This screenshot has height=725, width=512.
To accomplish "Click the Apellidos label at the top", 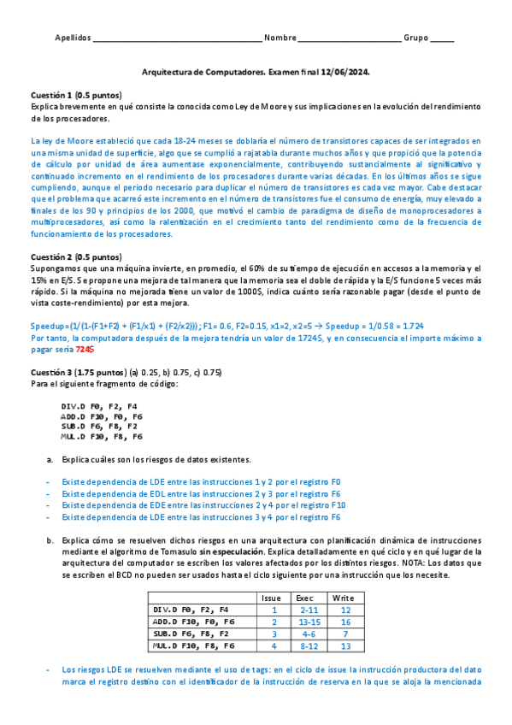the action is coord(72,38).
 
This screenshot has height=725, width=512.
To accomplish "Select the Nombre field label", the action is coord(280,38).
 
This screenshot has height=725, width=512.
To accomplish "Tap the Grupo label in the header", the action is coord(416,38).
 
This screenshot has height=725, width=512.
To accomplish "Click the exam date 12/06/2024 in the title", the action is coord(346,74).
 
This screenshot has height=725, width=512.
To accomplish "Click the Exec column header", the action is coord(305,598).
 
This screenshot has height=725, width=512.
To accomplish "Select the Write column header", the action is coord(344,598).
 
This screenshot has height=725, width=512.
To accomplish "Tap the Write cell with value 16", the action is coord(344,622).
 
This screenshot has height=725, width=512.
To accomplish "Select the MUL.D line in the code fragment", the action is coord(101,436).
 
